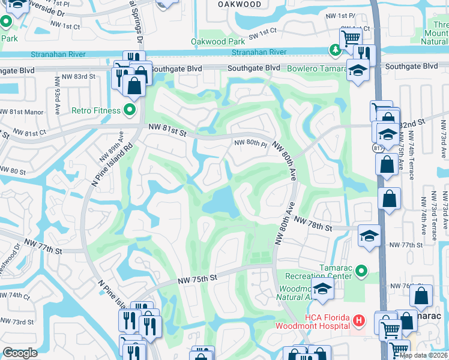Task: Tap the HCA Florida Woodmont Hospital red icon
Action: point(358,321)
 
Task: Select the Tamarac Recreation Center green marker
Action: point(361,272)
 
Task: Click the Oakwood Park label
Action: point(218,41)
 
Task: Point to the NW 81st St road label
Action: point(168,128)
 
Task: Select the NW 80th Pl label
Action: point(250,143)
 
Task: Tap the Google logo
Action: point(20,353)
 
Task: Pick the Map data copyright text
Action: point(424,355)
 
